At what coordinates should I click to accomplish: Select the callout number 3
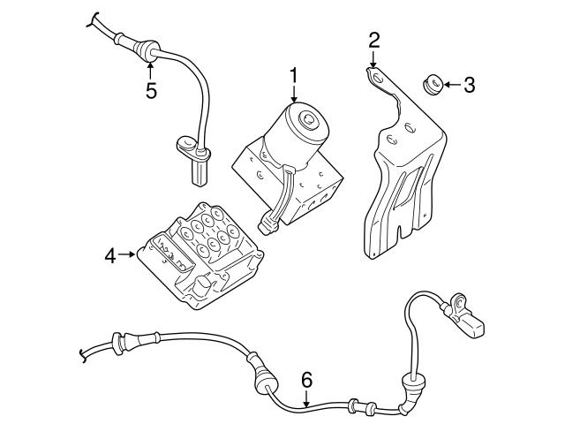click(x=469, y=85)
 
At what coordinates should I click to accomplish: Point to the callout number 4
click(x=110, y=256)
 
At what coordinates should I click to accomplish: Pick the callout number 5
click(x=151, y=90)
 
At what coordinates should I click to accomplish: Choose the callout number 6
click(x=306, y=380)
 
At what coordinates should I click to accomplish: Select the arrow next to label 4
click(x=129, y=256)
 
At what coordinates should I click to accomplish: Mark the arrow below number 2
click(x=374, y=60)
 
